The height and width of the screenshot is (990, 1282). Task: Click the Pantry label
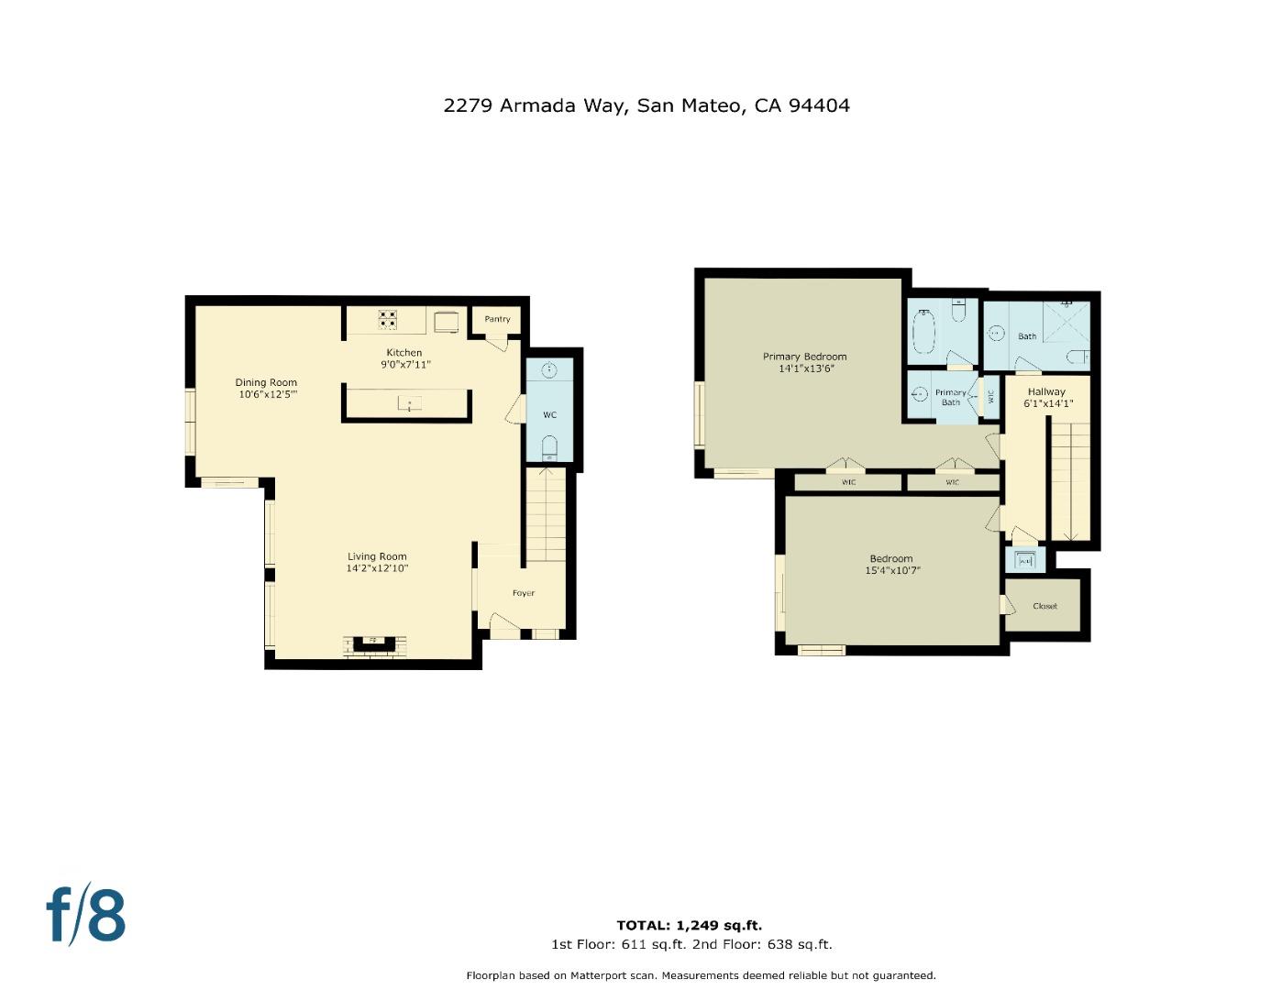click(497, 319)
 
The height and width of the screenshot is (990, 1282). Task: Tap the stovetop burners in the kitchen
click(388, 319)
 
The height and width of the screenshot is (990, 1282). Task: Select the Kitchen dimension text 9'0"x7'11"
click(404, 365)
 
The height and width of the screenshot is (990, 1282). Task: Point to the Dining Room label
click(266, 382)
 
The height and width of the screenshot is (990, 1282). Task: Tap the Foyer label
click(524, 593)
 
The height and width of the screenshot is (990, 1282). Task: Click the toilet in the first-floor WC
click(549, 448)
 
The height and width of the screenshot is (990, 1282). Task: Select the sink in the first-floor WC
click(549, 369)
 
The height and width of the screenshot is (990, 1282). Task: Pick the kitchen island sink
click(409, 403)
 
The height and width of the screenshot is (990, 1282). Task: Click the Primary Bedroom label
click(804, 357)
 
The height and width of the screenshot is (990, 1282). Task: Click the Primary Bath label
click(951, 398)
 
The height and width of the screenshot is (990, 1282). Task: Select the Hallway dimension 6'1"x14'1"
click(1047, 403)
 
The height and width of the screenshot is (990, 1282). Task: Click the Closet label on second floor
click(1044, 606)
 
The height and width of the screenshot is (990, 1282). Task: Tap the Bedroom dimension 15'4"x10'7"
click(891, 570)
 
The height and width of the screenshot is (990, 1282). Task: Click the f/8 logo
click(86, 914)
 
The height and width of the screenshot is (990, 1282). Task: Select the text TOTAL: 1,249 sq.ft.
click(689, 925)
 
